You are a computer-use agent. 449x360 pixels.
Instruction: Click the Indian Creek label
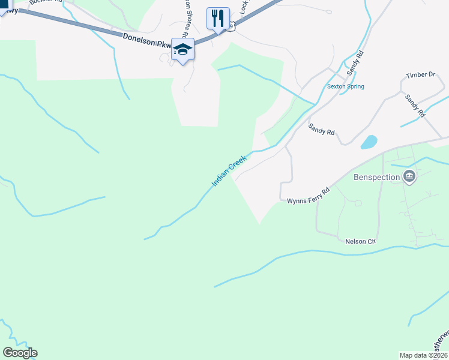(x=229, y=171)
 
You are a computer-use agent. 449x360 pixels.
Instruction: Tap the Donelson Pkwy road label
(x=147, y=41)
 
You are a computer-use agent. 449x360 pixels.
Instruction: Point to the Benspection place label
(x=376, y=177)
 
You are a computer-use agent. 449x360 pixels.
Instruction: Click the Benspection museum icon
(x=410, y=176)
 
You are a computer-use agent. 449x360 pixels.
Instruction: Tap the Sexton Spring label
(x=345, y=86)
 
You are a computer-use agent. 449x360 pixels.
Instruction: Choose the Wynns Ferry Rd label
(x=309, y=196)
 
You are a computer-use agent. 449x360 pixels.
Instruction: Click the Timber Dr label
(x=420, y=75)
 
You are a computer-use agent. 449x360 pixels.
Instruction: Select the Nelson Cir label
(x=360, y=241)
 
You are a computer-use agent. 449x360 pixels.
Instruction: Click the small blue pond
(x=369, y=142)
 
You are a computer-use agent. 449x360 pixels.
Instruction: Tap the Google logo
(x=20, y=353)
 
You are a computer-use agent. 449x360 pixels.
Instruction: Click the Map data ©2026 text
(x=423, y=355)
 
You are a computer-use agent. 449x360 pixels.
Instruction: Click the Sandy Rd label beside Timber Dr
(x=415, y=105)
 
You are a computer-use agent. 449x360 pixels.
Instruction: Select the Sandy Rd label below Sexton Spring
(x=321, y=129)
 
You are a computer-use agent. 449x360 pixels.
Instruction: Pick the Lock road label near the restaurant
(x=244, y=7)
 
